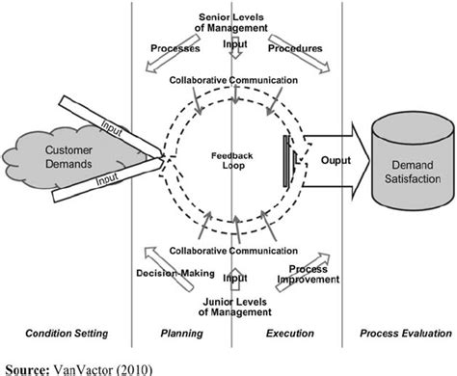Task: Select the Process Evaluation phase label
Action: click(x=400, y=333)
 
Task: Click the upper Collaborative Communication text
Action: click(x=230, y=80)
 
